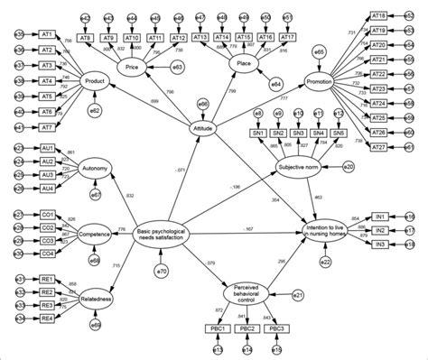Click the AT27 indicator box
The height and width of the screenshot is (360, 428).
tap(379, 147)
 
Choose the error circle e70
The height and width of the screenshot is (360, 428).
tap(163, 272)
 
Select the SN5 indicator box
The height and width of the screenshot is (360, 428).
tap(339, 134)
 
